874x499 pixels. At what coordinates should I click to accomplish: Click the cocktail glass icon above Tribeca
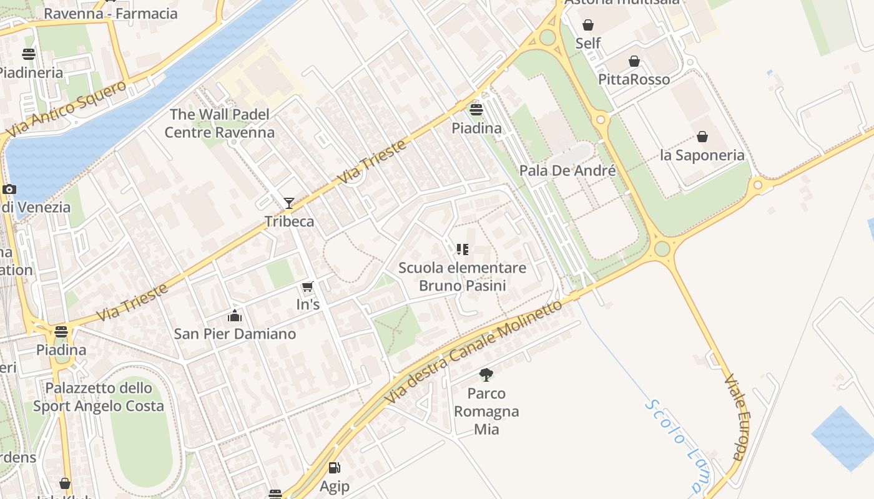point(288,203)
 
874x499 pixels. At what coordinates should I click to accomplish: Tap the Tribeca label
point(289,221)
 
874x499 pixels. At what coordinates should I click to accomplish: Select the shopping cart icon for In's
point(307,287)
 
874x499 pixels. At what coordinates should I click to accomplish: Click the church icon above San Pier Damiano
point(235,316)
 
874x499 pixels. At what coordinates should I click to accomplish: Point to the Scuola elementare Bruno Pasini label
point(462,277)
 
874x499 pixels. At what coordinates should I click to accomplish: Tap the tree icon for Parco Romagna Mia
point(486,375)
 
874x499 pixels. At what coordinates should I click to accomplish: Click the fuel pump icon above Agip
point(335,468)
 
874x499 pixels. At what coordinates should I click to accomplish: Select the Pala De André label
point(567,171)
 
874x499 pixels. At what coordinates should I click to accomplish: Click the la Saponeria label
point(702,155)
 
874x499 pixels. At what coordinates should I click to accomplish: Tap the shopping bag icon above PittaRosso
point(634,61)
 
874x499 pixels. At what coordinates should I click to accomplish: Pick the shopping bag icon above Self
point(588,25)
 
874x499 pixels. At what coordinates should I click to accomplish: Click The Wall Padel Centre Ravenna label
point(220,124)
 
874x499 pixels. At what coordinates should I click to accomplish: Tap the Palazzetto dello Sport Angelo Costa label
point(99,397)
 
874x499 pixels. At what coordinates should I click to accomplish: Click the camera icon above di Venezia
point(9,190)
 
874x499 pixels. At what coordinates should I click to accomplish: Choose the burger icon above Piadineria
point(29,54)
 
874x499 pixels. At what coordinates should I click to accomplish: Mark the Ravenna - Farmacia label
point(110,14)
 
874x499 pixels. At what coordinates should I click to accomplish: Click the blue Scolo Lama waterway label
point(677,445)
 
